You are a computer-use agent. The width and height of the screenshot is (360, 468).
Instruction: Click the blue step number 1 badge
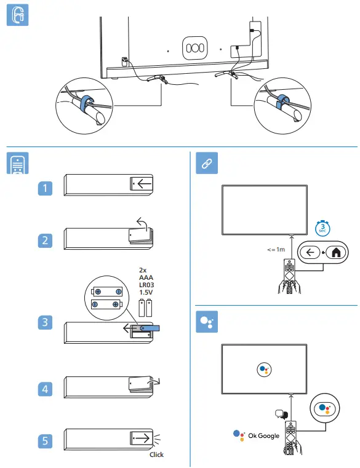[x=45, y=188]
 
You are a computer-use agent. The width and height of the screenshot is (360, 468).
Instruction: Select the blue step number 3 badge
[x=45, y=322]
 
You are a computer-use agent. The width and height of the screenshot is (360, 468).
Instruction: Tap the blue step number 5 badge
[x=45, y=441]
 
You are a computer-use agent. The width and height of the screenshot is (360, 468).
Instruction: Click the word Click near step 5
[x=156, y=454]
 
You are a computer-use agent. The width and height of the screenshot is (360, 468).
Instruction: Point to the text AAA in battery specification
[x=146, y=277]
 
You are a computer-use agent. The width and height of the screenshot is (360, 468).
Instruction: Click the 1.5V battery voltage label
[x=146, y=292]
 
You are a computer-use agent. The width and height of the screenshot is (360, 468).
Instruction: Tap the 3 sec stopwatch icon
[x=322, y=228]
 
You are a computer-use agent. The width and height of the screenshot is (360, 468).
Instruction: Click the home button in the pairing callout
[x=336, y=253]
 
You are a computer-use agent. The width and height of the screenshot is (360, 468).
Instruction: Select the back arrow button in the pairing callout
[x=310, y=253]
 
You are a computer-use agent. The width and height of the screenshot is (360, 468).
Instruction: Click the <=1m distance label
[x=276, y=250]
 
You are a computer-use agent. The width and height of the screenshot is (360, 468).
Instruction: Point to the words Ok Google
[x=263, y=436]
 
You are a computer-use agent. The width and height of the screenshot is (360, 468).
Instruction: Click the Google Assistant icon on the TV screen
[x=264, y=370]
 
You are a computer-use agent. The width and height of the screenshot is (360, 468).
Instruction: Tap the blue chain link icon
[x=207, y=163]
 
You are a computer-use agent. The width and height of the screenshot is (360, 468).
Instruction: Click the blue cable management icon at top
[x=17, y=15]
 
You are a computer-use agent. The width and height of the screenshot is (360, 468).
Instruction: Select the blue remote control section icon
[x=17, y=163]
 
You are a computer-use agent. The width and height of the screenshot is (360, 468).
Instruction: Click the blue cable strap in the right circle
[x=281, y=101]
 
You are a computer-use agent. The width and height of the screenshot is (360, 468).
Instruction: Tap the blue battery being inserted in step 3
[x=150, y=328]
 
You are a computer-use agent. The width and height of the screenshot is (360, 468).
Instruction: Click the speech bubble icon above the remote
[x=281, y=414]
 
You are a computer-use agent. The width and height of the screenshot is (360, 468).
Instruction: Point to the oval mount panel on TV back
[x=195, y=48]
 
